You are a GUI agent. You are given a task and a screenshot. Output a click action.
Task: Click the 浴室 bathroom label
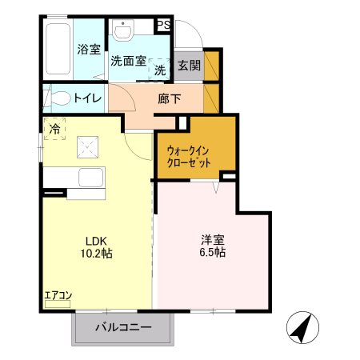89,50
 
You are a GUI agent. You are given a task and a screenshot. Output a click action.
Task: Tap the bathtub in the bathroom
58,50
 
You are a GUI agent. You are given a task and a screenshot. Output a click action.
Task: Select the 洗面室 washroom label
127,61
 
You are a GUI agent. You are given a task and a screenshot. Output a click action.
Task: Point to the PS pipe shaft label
164,26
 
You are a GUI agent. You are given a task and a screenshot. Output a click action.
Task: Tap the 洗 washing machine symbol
160,70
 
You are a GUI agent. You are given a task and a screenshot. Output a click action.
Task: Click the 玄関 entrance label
189,66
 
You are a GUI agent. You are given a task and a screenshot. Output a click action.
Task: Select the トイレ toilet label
87,99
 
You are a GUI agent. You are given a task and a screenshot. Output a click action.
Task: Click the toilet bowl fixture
58,99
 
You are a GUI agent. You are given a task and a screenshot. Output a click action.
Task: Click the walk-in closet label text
190,155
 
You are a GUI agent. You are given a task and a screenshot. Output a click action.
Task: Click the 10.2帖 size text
96,253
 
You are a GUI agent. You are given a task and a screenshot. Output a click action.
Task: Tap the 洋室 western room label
213,238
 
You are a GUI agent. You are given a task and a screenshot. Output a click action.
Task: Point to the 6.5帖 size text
213,253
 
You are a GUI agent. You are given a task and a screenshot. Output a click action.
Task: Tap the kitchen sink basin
90,177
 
